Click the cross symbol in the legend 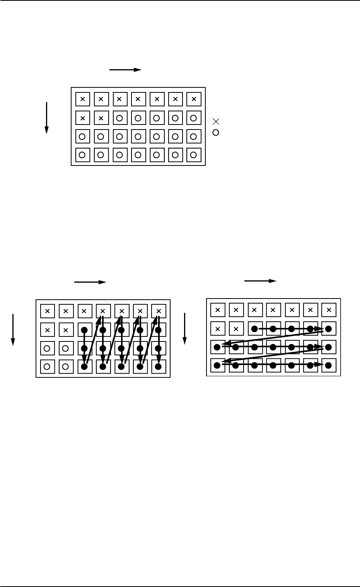click(x=216, y=121)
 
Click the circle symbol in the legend click(x=216, y=132)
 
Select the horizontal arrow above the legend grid click(x=126, y=70)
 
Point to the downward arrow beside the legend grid click(x=46, y=118)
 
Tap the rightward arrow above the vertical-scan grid click(x=90, y=282)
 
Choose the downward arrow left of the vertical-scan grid click(x=13, y=329)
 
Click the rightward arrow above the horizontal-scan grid click(x=261, y=281)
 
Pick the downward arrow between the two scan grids click(x=185, y=328)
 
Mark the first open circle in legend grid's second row click(x=119, y=118)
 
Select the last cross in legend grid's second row click(x=101, y=118)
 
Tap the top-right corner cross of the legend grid click(x=194, y=99)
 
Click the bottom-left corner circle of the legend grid click(x=82, y=155)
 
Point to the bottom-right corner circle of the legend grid click(x=194, y=155)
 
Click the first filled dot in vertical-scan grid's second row click(x=84, y=330)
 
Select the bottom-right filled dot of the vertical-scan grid click(x=158, y=366)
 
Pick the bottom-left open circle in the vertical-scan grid click(x=47, y=366)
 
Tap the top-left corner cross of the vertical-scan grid click(x=47, y=311)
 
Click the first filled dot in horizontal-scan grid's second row click(x=254, y=329)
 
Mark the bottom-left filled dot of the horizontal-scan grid click(x=217, y=365)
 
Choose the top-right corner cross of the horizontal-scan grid click(x=329, y=310)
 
